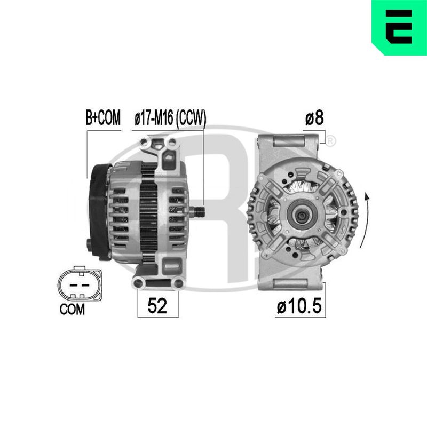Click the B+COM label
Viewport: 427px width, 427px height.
[103, 117]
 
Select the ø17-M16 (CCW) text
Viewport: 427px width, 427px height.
[170, 118]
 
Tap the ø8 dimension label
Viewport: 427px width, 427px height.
[314, 118]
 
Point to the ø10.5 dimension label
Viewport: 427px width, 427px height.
[299, 306]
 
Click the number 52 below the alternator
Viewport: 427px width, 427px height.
[157, 305]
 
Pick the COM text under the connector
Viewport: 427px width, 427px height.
[72, 310]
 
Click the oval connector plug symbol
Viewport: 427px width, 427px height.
[80, 284]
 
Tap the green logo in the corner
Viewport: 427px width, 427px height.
[399, 27]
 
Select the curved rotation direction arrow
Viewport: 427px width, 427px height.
[366, 220]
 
